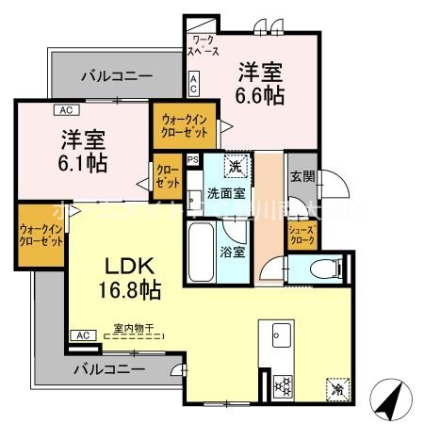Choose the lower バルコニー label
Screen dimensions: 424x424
click(x=112, y=368)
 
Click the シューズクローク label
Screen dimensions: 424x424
click(x=301, y=233)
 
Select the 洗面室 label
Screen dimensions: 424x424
click(x=226, y=193)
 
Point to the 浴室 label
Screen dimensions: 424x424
click(x=232, y=252)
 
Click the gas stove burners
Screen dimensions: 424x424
click(x=280, y=385)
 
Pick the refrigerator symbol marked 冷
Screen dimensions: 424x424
click(x=335, y=386)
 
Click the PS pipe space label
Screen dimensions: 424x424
click(x=193, y=159)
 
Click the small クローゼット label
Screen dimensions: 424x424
click(x=167, y=175)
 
